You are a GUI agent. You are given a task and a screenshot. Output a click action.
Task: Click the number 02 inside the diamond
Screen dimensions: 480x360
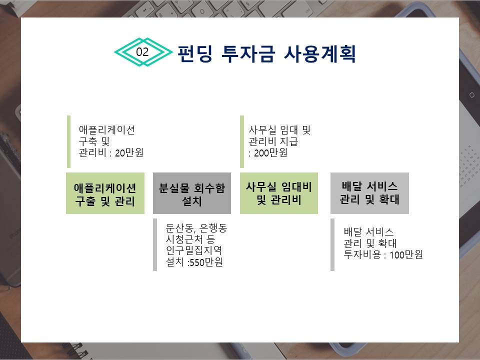[x=142, y=52]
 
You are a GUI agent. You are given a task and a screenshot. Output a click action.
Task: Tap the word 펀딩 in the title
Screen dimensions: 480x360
[x=195, y=54]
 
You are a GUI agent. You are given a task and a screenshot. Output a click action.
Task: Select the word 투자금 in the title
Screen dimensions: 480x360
[x=248, y=54]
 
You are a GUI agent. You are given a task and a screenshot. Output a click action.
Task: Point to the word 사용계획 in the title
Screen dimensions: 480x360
[x=320, y=54]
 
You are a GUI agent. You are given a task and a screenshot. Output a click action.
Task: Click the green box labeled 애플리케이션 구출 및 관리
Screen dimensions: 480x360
[x=105, y=193]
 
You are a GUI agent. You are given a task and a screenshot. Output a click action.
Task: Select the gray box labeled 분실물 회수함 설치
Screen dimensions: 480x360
[x=192, y=193]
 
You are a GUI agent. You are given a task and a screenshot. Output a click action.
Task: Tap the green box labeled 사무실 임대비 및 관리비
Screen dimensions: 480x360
[x=279, y=193]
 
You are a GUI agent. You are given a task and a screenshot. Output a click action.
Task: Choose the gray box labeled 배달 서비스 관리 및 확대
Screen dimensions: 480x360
[x=369, y=193]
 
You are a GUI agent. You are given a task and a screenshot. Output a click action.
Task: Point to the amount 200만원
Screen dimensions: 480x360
[x=270, y=152]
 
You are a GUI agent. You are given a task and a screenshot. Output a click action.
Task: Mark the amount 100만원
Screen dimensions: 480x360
[x=406, y=254]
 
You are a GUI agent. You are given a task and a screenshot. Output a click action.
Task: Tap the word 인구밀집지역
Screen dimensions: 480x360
[x=194, y=250]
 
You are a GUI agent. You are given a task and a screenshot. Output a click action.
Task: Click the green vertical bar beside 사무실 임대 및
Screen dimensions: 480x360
[x=242, y=141]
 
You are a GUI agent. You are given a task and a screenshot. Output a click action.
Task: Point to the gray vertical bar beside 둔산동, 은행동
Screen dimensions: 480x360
[x=155, y=244]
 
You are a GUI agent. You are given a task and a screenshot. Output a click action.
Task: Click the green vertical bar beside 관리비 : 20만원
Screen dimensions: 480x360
[x=68, y=141]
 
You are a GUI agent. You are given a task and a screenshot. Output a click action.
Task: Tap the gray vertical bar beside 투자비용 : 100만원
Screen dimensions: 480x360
[x=332, y=244]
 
